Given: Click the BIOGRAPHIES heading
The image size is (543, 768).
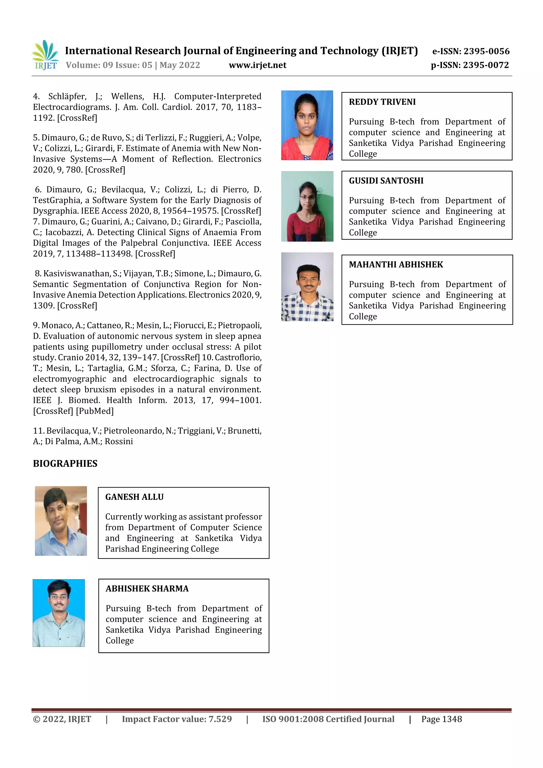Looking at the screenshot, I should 65,463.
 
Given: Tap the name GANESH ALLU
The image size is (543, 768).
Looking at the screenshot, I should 134,497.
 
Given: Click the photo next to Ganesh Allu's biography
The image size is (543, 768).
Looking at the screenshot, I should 61,521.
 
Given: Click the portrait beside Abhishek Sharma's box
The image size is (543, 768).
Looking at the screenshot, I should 59,613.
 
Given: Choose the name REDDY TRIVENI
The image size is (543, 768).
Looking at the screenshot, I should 382,102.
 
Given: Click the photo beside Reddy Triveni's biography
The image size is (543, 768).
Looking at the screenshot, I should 307,125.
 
